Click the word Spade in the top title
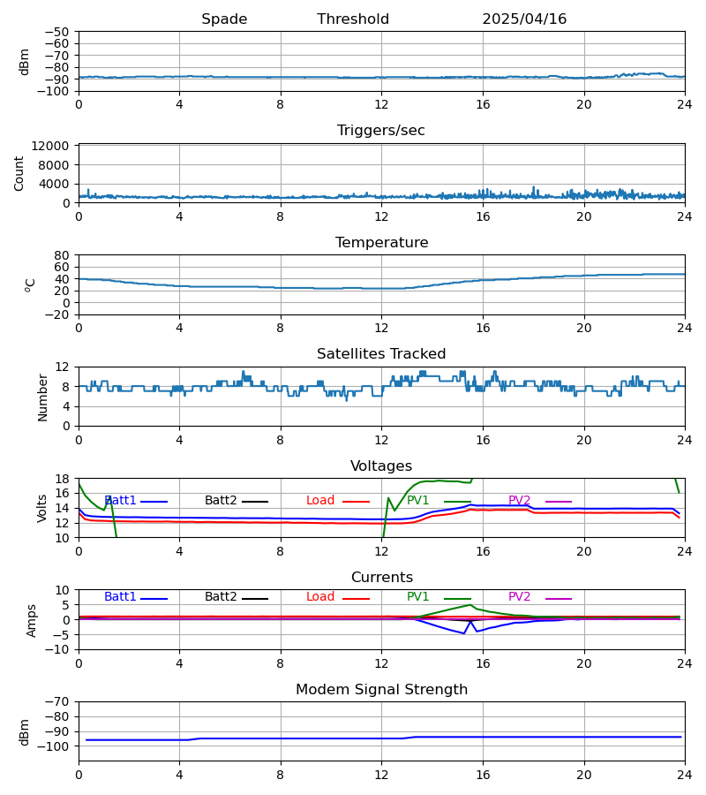tap(224, 19)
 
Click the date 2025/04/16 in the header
tap(524, 19)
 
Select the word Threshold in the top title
tap(353, 19)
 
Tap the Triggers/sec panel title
tap(381, 131)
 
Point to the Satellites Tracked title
tap(381, 354)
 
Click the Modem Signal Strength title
tap(381, 690)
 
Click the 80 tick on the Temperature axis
tap(62, 255)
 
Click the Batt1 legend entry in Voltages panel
tap(121, 501)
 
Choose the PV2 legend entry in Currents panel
tap(520, 597)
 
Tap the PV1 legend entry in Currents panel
tap(418, 597)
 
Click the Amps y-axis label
tap(33, 620)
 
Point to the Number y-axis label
tap(43, 397)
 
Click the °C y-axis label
tap(31, 284)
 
